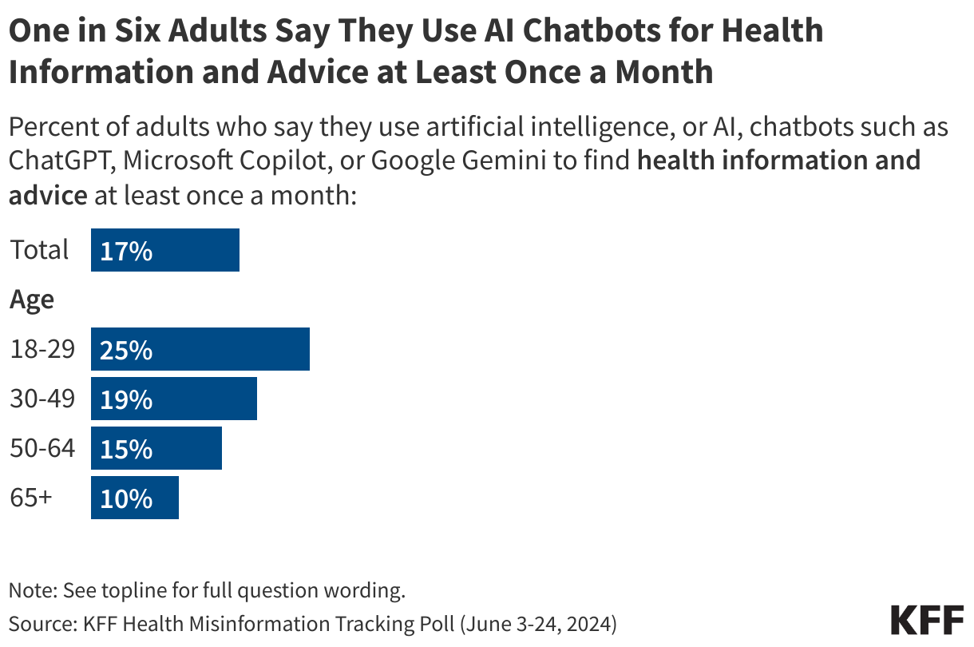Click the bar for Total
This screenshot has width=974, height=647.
tap(165, 250)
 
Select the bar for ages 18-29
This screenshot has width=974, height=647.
tap(200, 349)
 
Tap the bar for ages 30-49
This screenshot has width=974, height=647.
tap(174, 399)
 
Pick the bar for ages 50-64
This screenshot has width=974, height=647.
tap(156, 448)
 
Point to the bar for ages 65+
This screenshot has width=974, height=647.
tap(135, 498)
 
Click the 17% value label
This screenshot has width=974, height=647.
tap(126, 251)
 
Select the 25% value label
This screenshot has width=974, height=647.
tap(126, 350)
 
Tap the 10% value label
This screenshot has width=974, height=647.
tap(126, 498)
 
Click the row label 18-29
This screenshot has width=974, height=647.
tap(42, 349)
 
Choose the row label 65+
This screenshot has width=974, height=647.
tap(31, 498)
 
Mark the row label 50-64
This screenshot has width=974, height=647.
tap(42, 448)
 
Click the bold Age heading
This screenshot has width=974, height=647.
tap(32, 300)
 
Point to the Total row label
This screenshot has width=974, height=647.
tap(39, 250)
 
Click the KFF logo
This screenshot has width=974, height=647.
tap(926, 620)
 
